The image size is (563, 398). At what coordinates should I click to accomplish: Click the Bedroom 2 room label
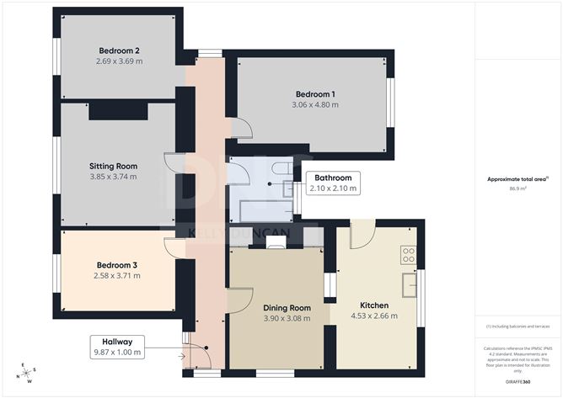click(119, 50)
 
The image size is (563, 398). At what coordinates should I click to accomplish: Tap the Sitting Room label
click(113, 166)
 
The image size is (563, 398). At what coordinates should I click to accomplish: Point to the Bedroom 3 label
click(117, 265)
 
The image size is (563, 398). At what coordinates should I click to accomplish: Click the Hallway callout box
click(117, 346)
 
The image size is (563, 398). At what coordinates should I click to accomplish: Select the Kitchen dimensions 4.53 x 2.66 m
click(373, 316)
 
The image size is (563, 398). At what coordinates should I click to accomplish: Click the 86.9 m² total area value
click(518, 188)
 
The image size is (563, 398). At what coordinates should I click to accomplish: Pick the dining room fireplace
click(276, 242)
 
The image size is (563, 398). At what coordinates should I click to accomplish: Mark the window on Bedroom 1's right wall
click(389, 102)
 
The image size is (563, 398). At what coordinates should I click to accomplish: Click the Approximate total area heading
click(517, 178)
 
